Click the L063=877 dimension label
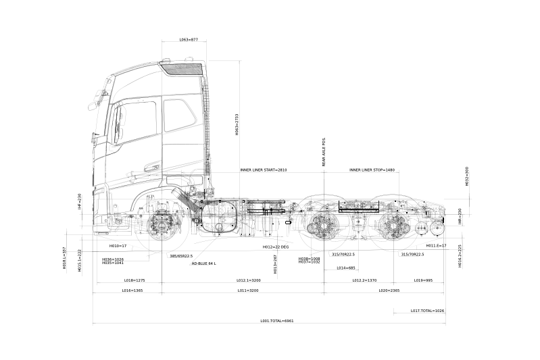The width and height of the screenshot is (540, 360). point(189,40)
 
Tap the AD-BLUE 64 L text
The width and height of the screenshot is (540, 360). point(203,263)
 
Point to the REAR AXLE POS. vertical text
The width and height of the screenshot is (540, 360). point(324,152)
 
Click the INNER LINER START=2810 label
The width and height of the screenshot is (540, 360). point(264,170)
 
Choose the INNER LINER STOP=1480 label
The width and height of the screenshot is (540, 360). point(372,170)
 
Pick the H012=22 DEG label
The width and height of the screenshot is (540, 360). point(276,247)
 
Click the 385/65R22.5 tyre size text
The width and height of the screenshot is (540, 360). point(181,256)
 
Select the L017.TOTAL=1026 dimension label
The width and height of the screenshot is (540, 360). point(427,311)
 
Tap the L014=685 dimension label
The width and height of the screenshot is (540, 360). point(346,268)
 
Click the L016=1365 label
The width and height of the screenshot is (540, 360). point(132,290)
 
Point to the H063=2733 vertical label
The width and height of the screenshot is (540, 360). point(237,125)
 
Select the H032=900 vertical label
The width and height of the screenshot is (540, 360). point(466,176)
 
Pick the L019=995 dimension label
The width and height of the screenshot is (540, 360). point(424,280)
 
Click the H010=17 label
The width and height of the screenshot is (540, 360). point(118,246)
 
